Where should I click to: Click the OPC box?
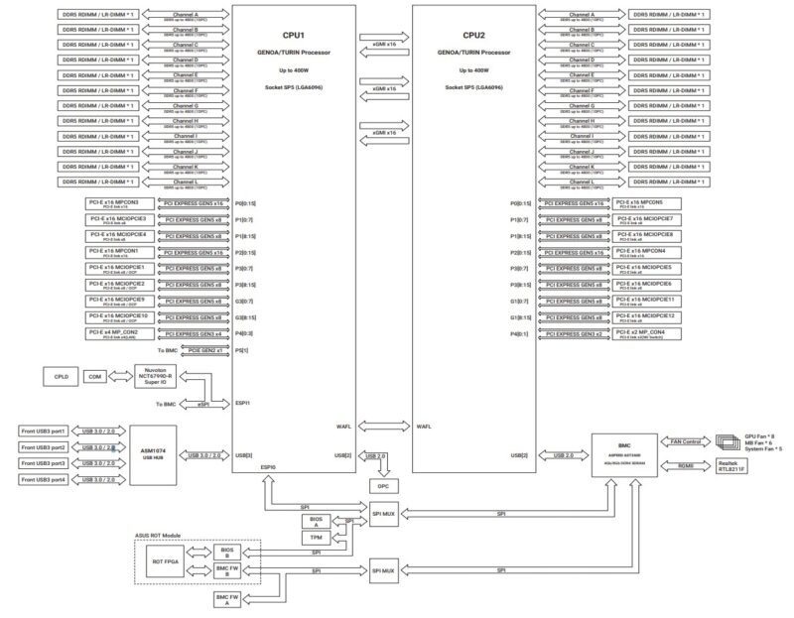coord(382,486)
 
